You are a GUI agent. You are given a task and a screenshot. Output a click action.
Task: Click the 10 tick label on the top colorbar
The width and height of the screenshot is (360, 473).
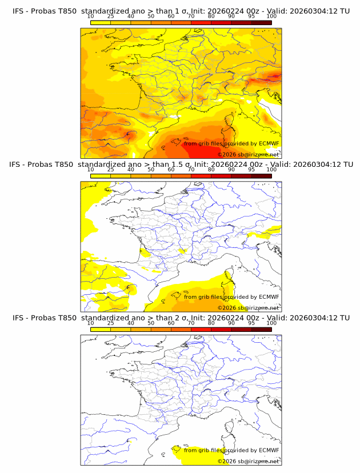coord(90,16)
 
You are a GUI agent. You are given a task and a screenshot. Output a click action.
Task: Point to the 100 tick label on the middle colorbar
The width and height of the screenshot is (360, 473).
coord(271,170)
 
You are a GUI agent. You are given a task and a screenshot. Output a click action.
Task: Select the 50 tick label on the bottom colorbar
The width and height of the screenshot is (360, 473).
coord(151,323)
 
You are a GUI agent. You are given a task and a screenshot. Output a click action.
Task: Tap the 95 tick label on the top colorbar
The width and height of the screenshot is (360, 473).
coord(251,16)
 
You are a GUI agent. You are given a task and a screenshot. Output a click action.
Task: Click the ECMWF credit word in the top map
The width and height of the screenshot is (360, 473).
coord(269,143)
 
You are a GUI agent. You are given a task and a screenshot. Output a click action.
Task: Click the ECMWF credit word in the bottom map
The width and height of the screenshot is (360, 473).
coord(269,450)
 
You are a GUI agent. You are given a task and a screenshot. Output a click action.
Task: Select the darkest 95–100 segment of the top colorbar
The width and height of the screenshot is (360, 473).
coord(262,22)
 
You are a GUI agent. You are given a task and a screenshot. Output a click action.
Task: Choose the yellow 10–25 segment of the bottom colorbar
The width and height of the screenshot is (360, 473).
coord(101,330)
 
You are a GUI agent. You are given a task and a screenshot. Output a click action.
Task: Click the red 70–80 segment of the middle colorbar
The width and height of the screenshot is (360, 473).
coord(201,176)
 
